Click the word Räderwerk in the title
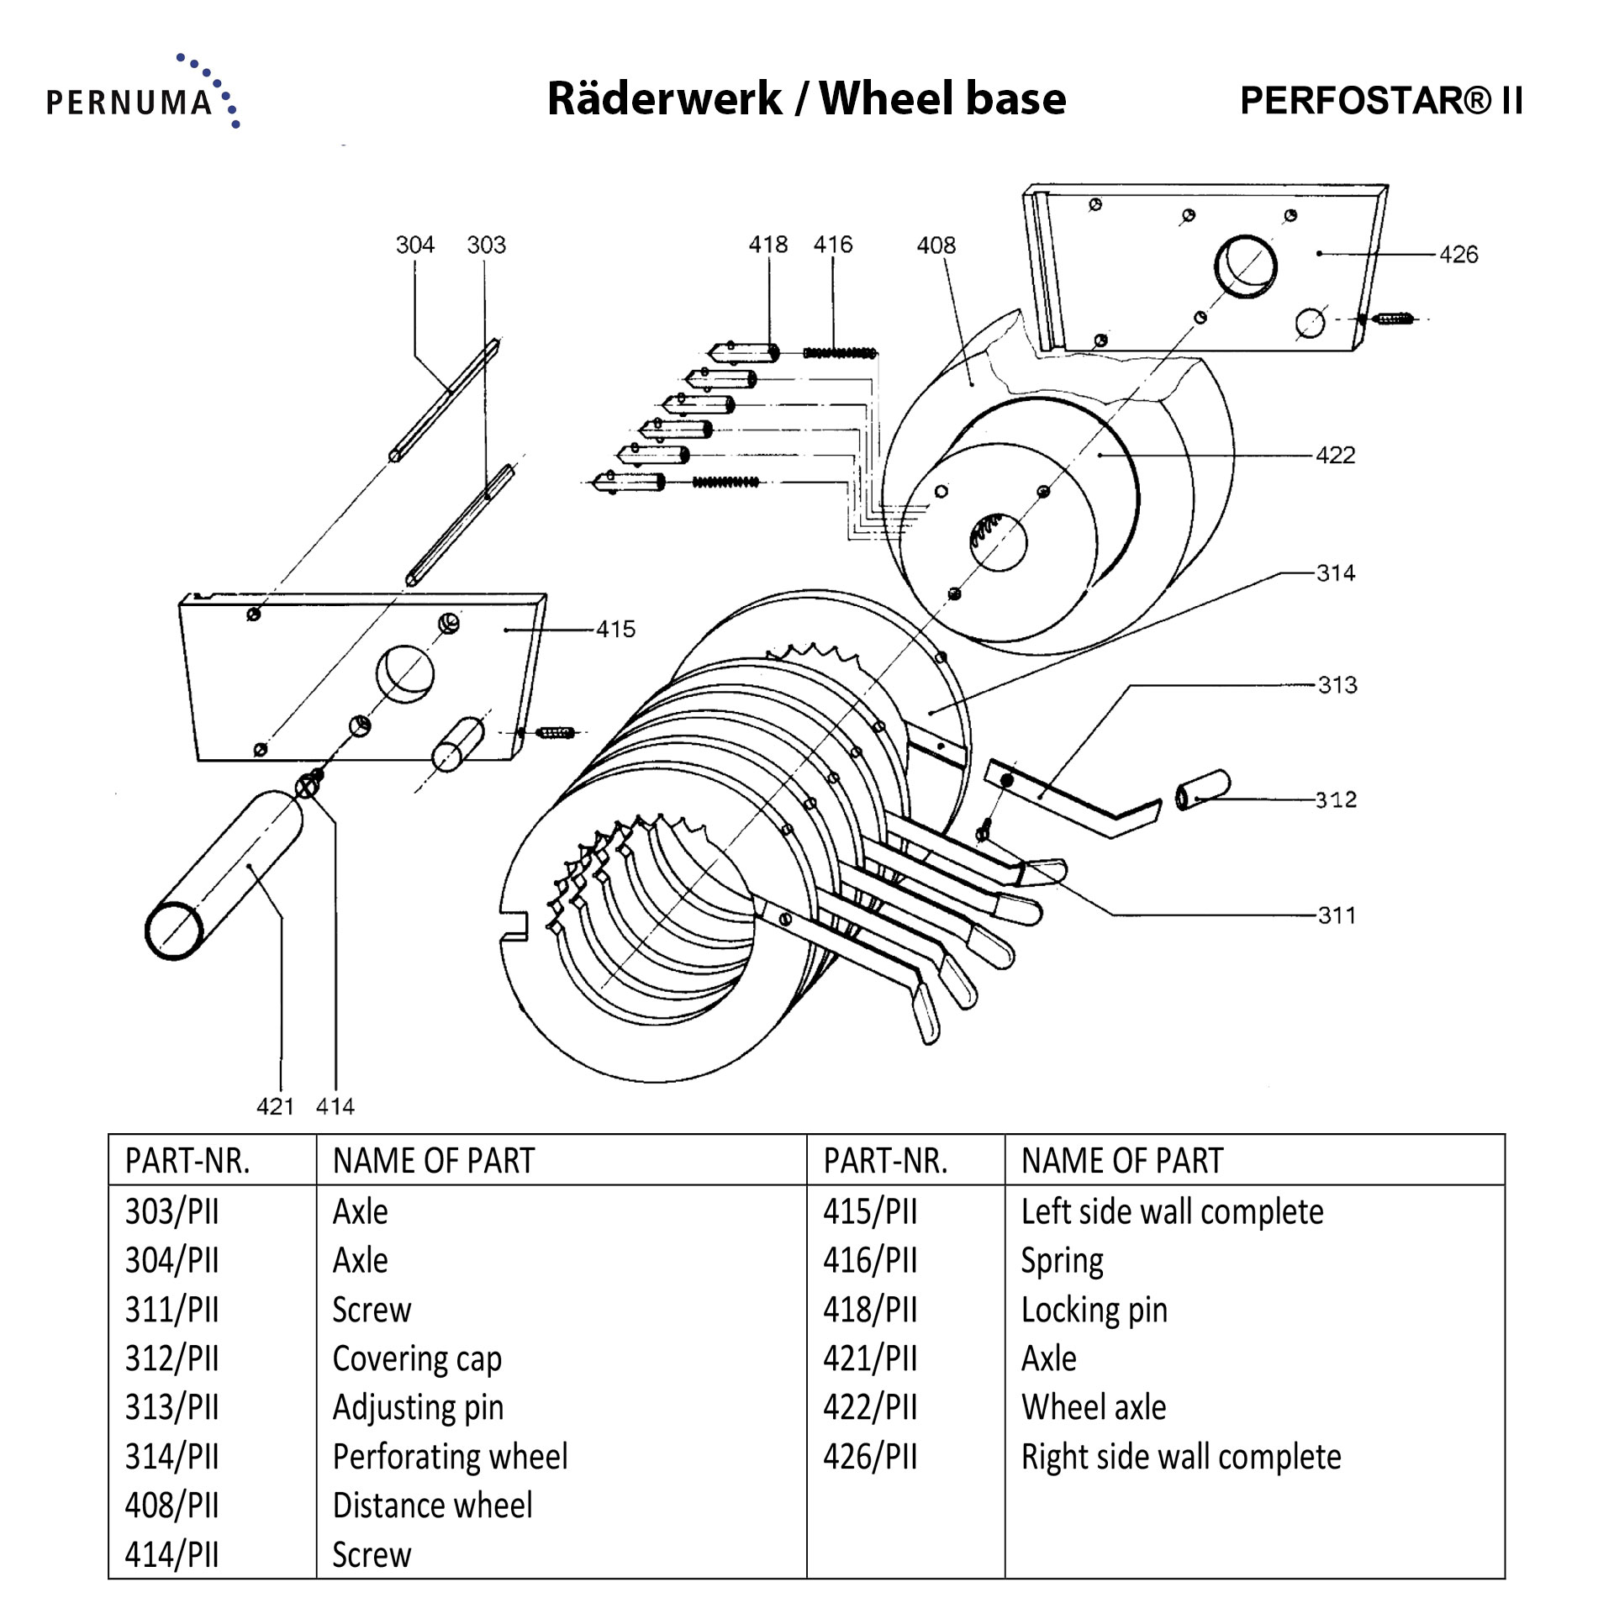[664, 98]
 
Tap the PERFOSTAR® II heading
[1381, 101]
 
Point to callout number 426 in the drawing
[1458, 254]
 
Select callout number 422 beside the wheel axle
[1335, 455]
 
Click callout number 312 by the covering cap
[1336, 799]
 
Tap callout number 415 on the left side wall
[615, 629]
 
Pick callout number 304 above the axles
[414, 245]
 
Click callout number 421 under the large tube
[275, 1105]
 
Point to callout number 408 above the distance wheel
[936, 245]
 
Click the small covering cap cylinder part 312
[1204, 790]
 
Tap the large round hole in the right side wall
[1245, 266]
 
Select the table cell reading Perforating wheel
[450, 1457]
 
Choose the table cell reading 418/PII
[870, 1310]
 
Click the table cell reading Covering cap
[417, 1358]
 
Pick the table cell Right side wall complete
[1180, 1457]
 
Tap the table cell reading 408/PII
[172, 1506]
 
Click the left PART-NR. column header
[187, 1161]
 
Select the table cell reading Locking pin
[1094, 1310]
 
